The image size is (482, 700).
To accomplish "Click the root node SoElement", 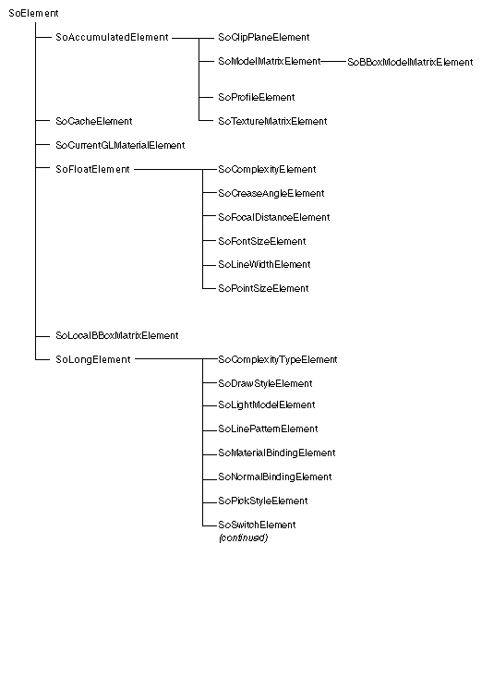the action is (33, 14).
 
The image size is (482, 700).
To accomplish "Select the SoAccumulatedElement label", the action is (112, 38).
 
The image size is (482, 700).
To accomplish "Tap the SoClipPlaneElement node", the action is (264, 38).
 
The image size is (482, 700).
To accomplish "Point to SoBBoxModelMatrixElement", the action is (410, 62).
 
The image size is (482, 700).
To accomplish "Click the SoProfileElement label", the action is (257, 97).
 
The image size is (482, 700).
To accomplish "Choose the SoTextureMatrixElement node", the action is (272, 121).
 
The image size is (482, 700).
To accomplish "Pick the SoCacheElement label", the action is (94, 121).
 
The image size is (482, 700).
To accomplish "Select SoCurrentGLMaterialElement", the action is (120, 146).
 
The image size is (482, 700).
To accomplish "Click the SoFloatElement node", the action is (92, 170).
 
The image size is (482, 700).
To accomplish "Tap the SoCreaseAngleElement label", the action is (271, 193).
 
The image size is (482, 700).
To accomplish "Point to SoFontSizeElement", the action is (262, 242).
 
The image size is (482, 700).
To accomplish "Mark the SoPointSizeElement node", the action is (263, 288).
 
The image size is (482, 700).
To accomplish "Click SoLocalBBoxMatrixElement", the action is (117, 336).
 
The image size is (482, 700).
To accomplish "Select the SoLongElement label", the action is (93, 360).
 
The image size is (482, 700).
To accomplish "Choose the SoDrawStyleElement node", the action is (265, 383).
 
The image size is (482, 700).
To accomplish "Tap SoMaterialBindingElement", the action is (277, 453).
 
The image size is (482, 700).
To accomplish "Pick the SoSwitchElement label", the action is (257, 525).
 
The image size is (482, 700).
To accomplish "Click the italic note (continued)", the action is (243, 538).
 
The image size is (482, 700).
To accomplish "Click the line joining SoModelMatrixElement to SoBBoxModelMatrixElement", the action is (334, 62).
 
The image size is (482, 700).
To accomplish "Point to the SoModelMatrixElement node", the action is (270, 62).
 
